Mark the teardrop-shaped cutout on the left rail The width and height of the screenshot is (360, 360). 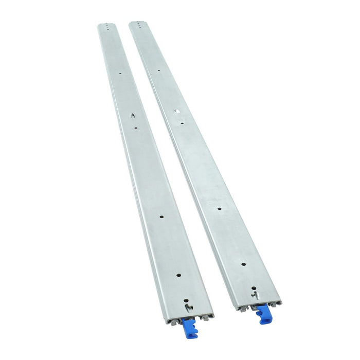point(133,116)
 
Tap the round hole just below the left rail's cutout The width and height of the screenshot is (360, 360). point(135,128)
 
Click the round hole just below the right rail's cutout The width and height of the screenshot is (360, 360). point(181,122)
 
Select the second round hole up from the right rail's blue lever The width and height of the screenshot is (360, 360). point(243,264)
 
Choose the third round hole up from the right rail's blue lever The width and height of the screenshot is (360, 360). point(219,209)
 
